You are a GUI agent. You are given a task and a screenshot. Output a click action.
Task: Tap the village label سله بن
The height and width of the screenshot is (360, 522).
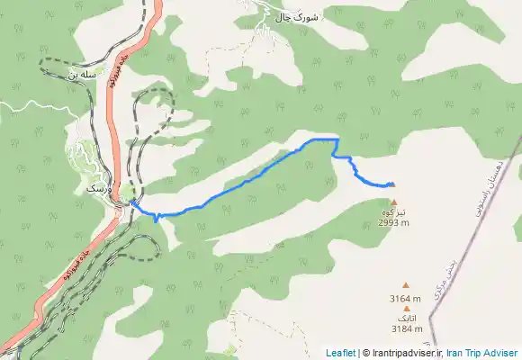pyautogui.click(x=81, y=76)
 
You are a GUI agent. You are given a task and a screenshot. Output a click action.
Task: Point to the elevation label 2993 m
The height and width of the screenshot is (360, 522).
pyautogui.click(x=393, y=222)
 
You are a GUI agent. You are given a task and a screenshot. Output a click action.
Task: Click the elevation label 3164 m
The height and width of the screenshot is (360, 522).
pyautogui.click(x=405, y=299)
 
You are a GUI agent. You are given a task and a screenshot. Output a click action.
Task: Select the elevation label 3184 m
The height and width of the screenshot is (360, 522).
pyautogui.click(x=406, y=328)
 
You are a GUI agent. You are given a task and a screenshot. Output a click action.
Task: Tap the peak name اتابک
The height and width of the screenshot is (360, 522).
pyautogui.click(x=406, y=319)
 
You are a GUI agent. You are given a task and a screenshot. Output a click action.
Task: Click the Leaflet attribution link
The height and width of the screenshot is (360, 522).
pyautogui.click(x=340, y=353)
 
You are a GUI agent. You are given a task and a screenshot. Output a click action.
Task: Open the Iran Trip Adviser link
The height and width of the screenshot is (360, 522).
pyautogui.click(x=481, y=353)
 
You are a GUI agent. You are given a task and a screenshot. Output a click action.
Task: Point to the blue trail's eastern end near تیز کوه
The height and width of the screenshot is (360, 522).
pyautogui.click(x=393, y=184)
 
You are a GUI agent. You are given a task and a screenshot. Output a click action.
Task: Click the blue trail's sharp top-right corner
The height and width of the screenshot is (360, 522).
pyautogui.click(x=337, y=140)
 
